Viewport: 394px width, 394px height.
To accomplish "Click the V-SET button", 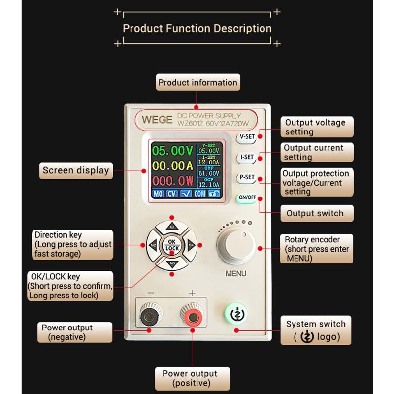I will [246, 136].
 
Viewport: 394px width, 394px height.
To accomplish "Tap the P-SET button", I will [246, 177].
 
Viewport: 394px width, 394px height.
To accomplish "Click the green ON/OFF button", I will [246, 198].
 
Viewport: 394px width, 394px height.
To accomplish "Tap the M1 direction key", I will [172, 227].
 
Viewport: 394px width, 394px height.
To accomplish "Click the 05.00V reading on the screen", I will [172, 150].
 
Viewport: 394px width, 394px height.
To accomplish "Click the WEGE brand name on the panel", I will [157, 119].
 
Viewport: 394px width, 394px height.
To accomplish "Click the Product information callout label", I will [197, 82].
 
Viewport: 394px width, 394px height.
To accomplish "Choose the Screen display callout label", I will [75, 171].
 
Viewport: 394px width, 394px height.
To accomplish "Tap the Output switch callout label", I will [314, 214].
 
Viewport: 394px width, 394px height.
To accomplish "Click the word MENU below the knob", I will [236, 274].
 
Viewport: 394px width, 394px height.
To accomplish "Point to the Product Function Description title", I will [197, 28].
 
